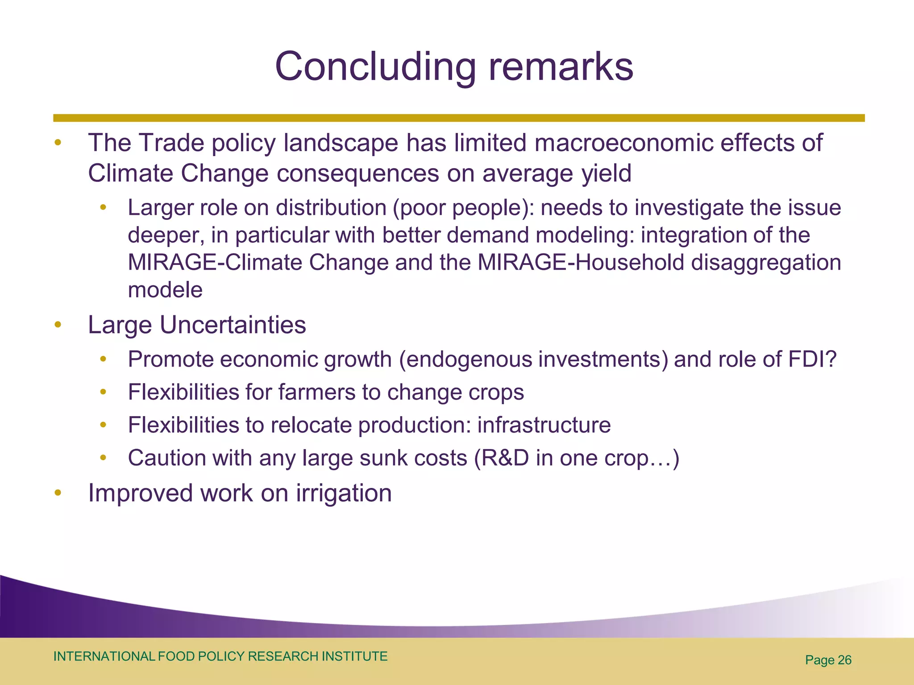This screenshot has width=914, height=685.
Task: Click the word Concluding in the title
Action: pyautogui.click(x=375, y=67)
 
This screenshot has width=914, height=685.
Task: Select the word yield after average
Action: pyautogui.click(x=606, y=173)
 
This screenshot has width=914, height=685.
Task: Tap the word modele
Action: pyautogui.click(x=165, y=290)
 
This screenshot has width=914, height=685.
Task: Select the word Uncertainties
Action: pyautogui.click(x=233, y=325)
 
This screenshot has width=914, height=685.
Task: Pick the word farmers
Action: pyautogui.click(x=316, y=392)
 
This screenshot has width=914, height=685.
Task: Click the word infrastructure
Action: pyautogui.click(x=544, y=425)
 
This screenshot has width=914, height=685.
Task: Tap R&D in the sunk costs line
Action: pyautogui.click(x=505, y=458)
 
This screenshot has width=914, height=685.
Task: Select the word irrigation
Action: pyautogui.click(x=344, y=494)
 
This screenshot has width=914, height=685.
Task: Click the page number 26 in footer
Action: pyautogui.click(x=844, y=660)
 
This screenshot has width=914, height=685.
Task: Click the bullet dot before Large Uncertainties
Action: pyautogui.click(x=58, y=325)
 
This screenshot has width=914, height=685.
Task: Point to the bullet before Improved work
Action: pyautogui.click(x=58, y=493)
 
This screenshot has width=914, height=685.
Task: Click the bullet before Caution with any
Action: pyautogui.click(x=104, y=458)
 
